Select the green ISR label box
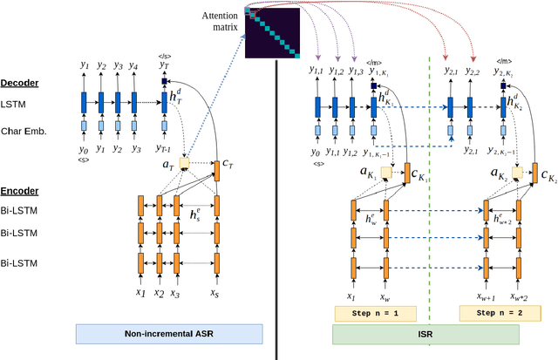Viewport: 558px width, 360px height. pos(425,334)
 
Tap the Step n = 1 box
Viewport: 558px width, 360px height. pos(375,312)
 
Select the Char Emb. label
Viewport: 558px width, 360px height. pos(24,132)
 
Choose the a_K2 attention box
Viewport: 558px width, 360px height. pos(519,174)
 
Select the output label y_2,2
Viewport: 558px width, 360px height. pos(473,71)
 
